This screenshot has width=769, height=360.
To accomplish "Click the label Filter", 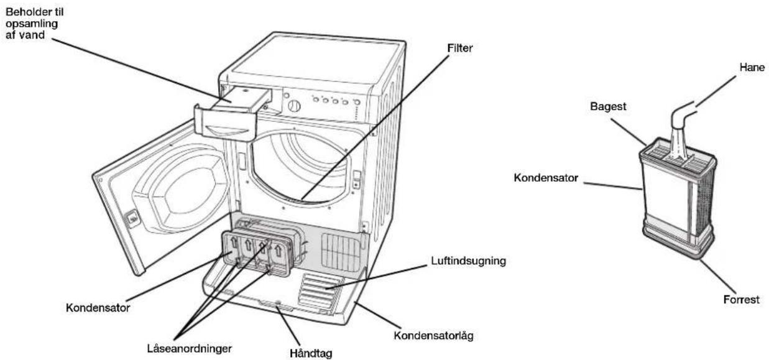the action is [459, 48].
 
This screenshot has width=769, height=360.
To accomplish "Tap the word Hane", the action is [752, 67].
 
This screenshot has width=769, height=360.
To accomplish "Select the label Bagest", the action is [608, 106].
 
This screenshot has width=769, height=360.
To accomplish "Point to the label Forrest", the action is [741, 300].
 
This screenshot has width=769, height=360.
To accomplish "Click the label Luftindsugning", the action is [468, 261].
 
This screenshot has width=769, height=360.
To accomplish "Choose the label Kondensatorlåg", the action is [433, 336].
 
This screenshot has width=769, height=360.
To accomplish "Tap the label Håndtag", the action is [311, 354].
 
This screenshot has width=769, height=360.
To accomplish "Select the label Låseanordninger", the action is [189, 349].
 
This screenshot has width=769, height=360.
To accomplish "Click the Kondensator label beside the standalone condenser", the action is [545, 178].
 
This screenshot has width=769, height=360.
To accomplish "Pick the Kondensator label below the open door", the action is [98, 308].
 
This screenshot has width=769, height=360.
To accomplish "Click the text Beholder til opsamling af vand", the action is [34, 24].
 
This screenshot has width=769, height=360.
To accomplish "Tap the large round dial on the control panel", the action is [294, 106].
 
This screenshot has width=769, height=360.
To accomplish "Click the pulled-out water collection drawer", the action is [230, 115].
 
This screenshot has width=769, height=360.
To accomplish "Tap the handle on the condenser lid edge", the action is [275, 304].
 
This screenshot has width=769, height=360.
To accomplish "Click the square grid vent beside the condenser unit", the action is [340, 252].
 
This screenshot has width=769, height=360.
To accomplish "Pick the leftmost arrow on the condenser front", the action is [234, 243].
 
